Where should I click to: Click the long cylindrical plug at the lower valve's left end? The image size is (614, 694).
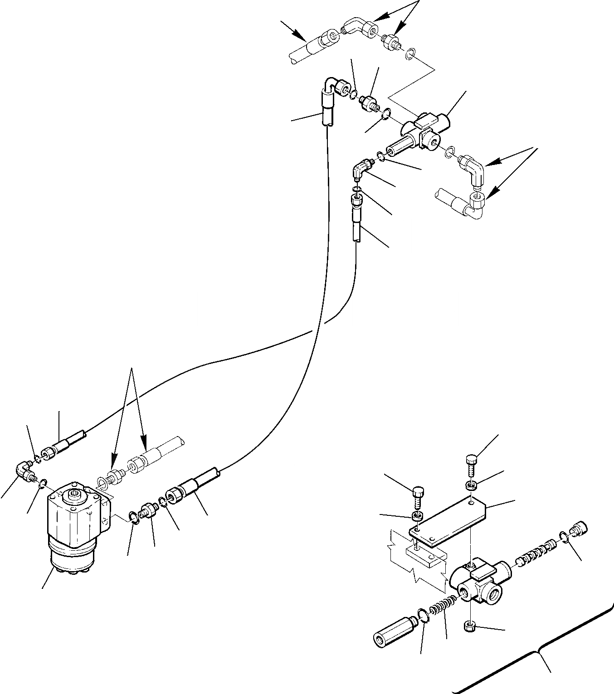click(x=391, y=628)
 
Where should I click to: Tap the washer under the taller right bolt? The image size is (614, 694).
click(x=471, y=486)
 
